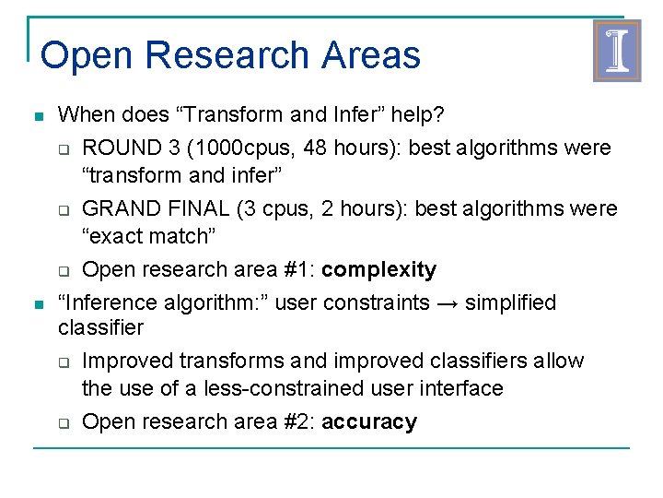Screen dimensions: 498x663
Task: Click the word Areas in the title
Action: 371,55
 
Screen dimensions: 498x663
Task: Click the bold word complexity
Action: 379,269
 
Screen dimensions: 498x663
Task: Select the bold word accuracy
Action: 369,421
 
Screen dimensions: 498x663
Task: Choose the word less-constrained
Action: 279,388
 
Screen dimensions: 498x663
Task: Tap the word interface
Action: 462,388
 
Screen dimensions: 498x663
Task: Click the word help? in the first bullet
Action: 418,115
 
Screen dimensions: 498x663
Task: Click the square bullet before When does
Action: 37,117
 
